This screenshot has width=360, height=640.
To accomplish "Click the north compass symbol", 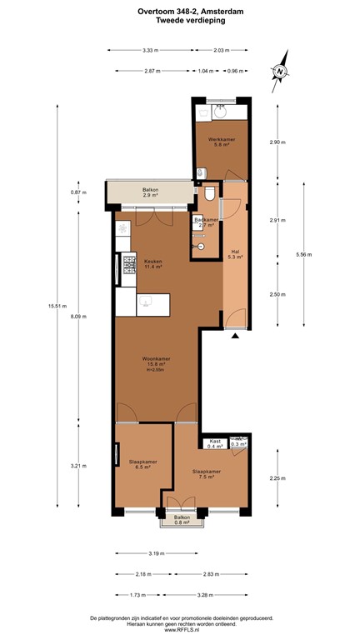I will tap(281, 70).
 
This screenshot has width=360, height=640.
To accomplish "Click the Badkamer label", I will tap(206, 222).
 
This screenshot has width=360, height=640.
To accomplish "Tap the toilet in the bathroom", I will tap(210, 193).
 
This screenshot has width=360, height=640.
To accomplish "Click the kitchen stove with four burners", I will tap(130, 265).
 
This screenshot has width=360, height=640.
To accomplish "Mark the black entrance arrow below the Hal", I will tap(235, 336).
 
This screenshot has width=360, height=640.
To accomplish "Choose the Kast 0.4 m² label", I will tap(214, 444).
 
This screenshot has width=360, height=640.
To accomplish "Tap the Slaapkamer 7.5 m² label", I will tap(204, 475).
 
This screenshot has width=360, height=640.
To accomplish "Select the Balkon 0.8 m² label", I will tap(182, 520).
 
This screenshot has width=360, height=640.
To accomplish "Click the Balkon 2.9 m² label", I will tap(151, 192).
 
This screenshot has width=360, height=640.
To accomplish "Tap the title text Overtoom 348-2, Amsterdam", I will tap(180, 12).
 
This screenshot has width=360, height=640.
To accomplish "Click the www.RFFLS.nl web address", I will tap(181, 629).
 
